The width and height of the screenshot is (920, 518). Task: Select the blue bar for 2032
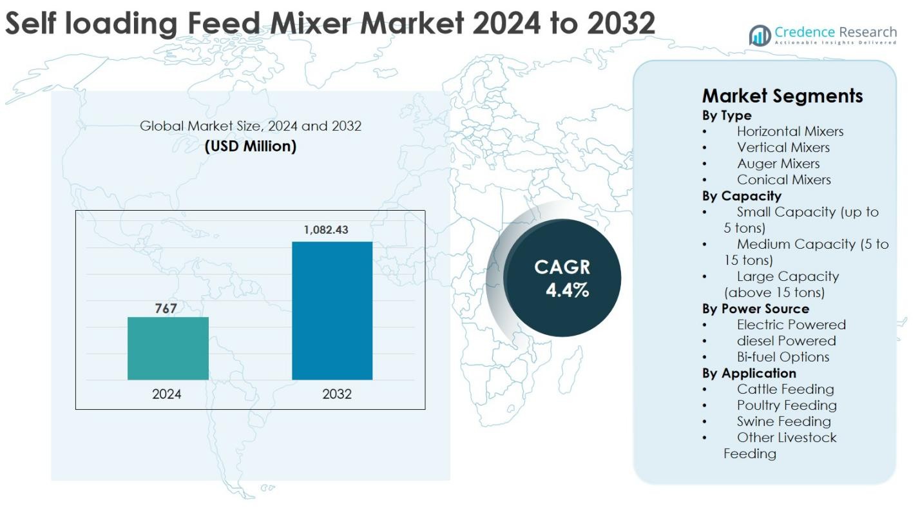click(x=332, y=311)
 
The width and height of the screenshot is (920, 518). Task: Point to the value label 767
click(x=166, y=309)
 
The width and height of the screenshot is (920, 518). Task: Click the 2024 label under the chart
click(x=167, y=394)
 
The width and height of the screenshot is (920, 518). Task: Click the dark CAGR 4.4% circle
click(x=562, y=278)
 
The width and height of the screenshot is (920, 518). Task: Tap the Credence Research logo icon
click(x=760, y=35)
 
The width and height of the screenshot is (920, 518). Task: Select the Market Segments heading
click(x=782, y=96)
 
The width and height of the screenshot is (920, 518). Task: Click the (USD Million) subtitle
click(x=251, y=146)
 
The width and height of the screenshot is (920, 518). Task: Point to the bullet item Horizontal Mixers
click(x=790, y=131)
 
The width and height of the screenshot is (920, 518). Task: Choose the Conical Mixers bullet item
click(x=784, y=180)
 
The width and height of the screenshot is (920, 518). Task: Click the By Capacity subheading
click(x=742, y=196)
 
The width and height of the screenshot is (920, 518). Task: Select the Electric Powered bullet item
click(x=791, y=325)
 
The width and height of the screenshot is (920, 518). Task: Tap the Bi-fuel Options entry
click(x=783, y=357)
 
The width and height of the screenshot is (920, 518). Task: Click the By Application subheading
click(x=749, y=373)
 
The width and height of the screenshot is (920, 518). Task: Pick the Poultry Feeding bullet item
click(x=787, y=405)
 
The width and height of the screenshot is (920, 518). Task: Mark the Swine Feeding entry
click(x=784, y=421)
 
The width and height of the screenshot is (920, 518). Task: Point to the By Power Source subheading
click(x=756, y=309)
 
